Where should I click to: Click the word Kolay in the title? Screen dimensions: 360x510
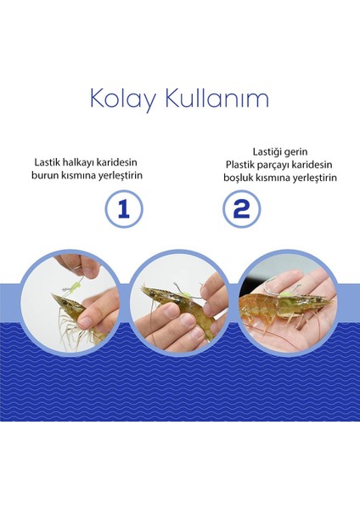pos(122,98)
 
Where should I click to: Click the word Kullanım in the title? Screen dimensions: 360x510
pos(217,98)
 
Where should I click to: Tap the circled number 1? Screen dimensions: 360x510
pos(124,209)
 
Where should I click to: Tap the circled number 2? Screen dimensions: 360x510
pos(241,209)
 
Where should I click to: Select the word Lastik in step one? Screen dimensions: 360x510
pos(47,162)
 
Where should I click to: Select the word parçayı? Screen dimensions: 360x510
pos(273,166)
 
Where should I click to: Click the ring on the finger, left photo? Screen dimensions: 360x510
pos(78,268)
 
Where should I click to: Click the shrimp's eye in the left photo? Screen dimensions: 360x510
pos(65,303)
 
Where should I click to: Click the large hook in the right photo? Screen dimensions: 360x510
pos(271,288)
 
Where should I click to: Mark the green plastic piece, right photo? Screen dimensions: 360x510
pos(284,295)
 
